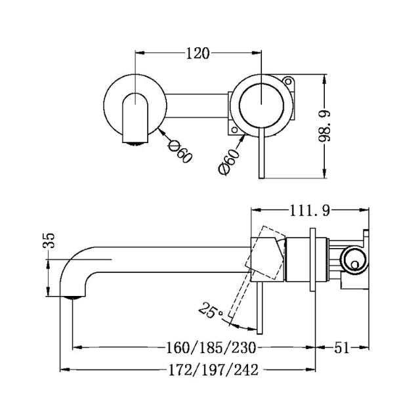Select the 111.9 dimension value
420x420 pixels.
[308, 210]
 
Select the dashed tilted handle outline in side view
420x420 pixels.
[265, 253]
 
